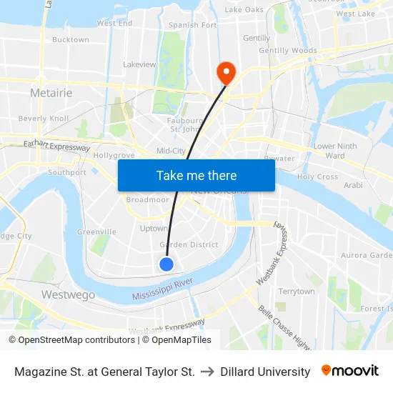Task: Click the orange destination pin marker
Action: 227,71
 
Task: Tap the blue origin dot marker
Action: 166,264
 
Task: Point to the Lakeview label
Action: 139,64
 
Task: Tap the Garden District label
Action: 189,244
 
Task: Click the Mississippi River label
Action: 163,289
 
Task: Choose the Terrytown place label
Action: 297,292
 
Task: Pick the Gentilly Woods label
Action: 288,51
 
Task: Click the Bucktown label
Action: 71,40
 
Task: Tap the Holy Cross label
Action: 317,176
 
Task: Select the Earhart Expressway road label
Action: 57,146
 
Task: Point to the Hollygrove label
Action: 114,155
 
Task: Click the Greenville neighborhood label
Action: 96,232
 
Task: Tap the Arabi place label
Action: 353,185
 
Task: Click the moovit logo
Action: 350,371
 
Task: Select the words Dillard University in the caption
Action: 265,372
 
